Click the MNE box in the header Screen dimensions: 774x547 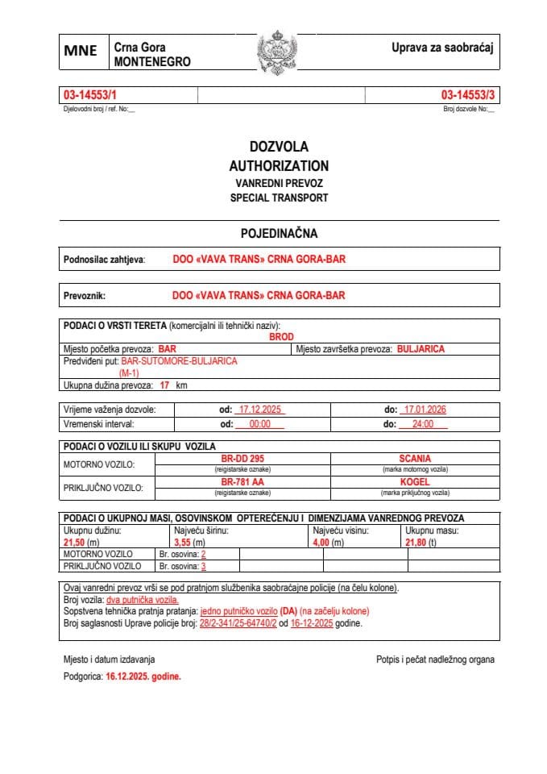point(81,51)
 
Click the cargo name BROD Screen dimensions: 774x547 point(281,336)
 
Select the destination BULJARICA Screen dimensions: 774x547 point(421,349)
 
